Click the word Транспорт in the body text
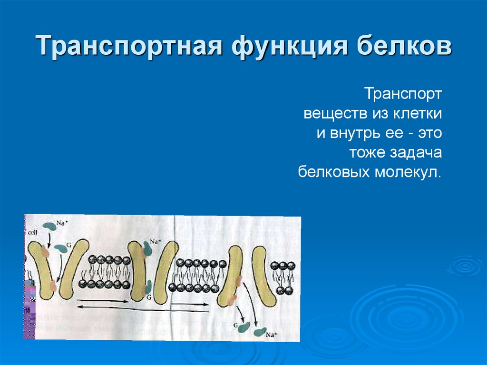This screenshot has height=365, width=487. (403, 94)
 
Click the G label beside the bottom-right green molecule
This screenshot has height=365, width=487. (235, 324)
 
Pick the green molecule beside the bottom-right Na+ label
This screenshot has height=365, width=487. (260, 332)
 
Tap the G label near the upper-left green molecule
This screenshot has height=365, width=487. (69, 245)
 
